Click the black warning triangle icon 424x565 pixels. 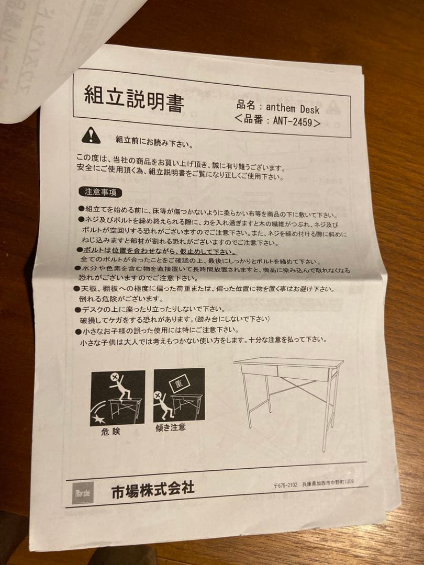tap(91, 136)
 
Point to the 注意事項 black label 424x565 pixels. tap(100, 192)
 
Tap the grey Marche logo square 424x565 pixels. tap(83, 492)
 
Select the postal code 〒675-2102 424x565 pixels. tap(285, 484)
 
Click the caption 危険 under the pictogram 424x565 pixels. tap(110, 432)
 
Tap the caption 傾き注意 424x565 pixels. tap(171, 427)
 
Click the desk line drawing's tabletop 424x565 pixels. tap(288, 362)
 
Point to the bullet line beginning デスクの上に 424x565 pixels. tap(152, 310)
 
